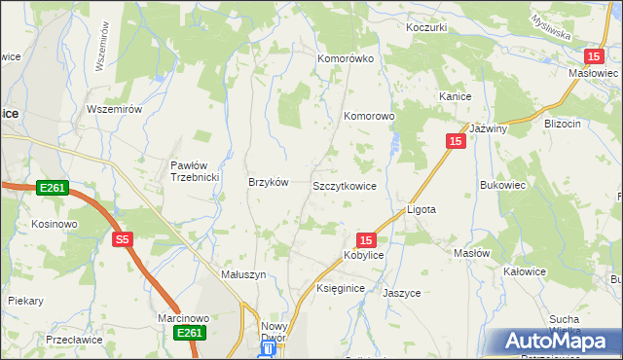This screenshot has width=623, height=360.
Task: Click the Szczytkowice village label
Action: [344, 185]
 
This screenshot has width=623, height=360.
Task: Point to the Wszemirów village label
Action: [115, 109]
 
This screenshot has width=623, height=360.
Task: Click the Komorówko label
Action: [346, 58]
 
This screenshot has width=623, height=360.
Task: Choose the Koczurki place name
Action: [426, 27]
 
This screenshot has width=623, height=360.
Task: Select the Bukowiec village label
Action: [503, 184]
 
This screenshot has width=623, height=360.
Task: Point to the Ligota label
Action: [421, 209]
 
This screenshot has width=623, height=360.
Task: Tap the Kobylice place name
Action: [363, 255]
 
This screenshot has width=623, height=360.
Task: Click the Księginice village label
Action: [341, 289]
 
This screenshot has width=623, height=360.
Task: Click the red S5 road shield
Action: [122, 239]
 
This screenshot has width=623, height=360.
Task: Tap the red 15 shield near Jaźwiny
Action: [456, 141]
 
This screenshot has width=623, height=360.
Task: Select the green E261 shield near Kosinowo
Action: [53, 187]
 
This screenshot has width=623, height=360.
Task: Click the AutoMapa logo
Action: [557, 342]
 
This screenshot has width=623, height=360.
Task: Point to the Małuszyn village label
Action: [243, 275]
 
